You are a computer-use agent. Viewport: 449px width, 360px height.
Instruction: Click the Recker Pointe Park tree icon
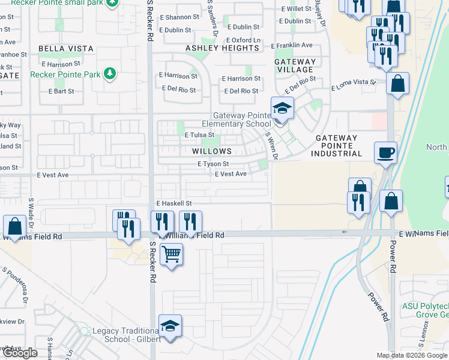coord(109,74)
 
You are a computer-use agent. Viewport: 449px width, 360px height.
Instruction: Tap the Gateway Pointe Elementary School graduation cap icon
coord(282,109)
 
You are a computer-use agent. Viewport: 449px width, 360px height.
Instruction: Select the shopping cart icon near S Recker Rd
coord(171,255)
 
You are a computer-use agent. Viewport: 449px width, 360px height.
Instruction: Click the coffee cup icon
coord(385,152)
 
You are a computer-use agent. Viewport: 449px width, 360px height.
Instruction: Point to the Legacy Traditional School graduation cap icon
coord(170,326)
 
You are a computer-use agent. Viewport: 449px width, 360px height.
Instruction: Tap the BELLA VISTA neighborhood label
coord(66,48)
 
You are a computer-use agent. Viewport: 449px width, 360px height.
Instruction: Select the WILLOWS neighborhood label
coord(211,151)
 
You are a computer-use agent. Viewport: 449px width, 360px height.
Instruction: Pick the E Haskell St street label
coord(173,204)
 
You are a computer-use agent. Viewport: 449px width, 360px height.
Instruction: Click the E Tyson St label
coord(213,164)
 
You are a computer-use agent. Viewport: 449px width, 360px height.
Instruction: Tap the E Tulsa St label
coord(199,136)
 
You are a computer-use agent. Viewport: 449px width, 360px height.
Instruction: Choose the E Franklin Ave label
coord(292,45)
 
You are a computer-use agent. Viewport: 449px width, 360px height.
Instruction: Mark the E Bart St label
coord(61,91)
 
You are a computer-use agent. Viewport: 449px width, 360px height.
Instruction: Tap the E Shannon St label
coord(178,17)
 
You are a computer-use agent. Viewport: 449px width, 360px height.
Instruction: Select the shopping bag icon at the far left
coord(14,227)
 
